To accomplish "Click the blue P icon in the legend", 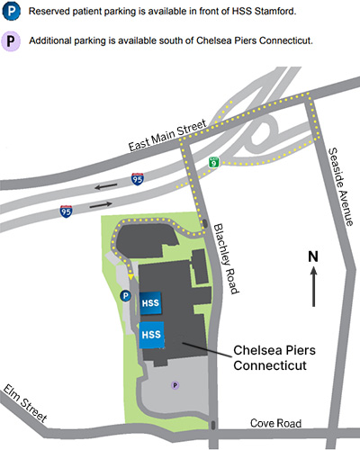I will (13, 11).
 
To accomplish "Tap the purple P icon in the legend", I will (13, 40).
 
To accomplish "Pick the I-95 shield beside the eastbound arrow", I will (67, 211).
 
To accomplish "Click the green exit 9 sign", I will (212, 162).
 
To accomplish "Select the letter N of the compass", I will (313, 256).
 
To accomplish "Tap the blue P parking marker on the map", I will (125, 295).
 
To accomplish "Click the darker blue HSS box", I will (150, 303).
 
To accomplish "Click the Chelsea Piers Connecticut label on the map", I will (274, 357).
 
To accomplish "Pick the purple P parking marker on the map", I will (175, 384).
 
